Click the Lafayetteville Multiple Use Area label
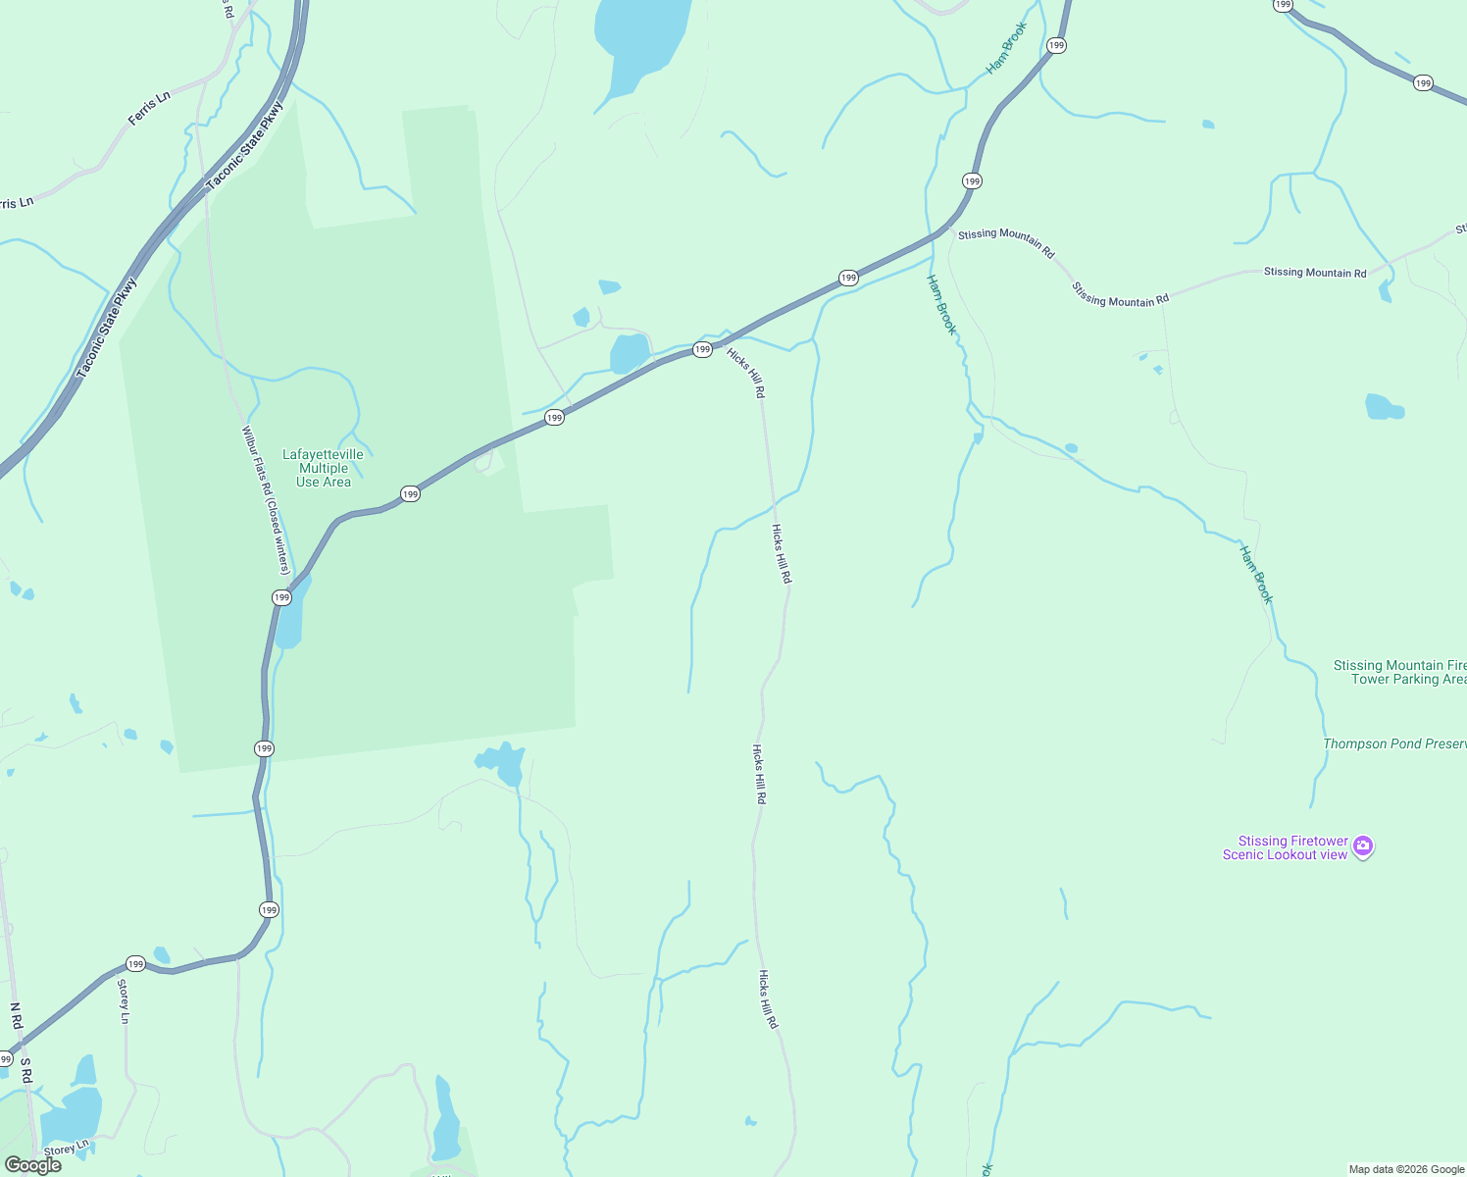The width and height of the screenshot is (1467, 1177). pyautogui.click(x=323, y=468)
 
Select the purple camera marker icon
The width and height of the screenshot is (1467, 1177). pyautogui.click(x=1363, y=846)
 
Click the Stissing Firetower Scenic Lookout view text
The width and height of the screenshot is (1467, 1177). pyautogui.click(x=1285, y=848)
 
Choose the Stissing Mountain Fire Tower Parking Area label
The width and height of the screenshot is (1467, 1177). pyautogui.click(x=1399, y=672)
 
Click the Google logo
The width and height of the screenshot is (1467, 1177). pyautogui.click(x=33, y=1165)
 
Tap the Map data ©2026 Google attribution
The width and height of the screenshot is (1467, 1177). pyautogui.click(x=1406, y=1169)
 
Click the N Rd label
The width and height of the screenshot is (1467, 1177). pyautogui.click(x=16, y=1016)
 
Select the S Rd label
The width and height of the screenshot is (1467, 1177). pyautogui.click(x=26, y=1070)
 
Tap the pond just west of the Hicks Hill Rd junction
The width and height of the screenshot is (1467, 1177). pyautogui.click(x=630, y=353)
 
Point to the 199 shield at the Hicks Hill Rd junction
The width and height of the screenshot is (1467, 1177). pyautogui.click(x=702, y=349)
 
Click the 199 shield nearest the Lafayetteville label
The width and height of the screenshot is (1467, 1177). pyautogui.click(x=410, y=493)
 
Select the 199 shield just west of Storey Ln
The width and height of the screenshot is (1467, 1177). pyautogui.click(x=135, y=964)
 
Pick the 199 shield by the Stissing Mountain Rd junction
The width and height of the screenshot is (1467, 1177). pyautogui.click(x=971, y=180)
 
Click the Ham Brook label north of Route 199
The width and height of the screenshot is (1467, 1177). pyautogui.click(x=1006, y=48)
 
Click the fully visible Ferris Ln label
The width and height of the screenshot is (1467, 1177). pyautogui.click(x=149, y=108)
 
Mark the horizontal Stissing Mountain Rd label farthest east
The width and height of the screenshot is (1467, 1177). pyautogui.click(x=1314, y=273)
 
